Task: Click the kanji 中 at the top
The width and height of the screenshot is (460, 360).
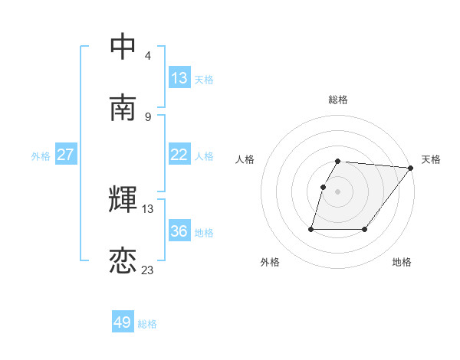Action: (x=123, y=47)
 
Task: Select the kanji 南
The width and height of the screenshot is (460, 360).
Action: (x=123, y=108)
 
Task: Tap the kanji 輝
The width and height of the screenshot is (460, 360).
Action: (x=123, y=200)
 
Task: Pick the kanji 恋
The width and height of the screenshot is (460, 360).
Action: (x=123, y=261)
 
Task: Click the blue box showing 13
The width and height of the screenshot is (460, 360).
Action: (x=179, y=78)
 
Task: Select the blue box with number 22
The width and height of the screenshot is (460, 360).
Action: (x=179, y=155)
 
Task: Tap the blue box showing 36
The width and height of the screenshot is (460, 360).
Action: (x=179, y=231)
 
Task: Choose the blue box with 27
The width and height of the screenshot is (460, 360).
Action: (x=65, y=155)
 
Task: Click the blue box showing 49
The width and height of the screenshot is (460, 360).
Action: (x=122, y=322)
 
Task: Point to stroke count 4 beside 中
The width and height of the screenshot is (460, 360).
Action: (x=147, y=55)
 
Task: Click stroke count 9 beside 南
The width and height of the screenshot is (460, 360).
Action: (x=147, y=116)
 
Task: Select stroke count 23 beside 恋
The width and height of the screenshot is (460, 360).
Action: (x=148, y=270)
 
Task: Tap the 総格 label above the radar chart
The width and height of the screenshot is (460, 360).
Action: (x=338, y=100)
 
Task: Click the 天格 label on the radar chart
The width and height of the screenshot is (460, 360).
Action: (x=431, y=159)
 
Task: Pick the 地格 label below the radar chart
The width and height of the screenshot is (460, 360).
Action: (x=402, y=262)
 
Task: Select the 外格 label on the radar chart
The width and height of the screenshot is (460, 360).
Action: (x=270, y=262)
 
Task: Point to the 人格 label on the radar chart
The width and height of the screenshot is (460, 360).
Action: (x=245, y=159)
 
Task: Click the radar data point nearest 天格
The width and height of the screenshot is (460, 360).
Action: (x=411, y=168)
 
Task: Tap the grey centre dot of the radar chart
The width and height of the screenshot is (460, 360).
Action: (x=338, y=191)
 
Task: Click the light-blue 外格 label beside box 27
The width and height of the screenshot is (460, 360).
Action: (x=41, y=155)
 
